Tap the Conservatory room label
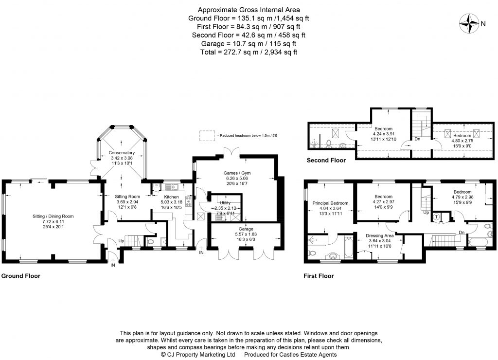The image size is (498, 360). point(122,153)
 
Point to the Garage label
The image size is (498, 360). point(246,229)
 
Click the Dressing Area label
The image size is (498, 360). point(380,235)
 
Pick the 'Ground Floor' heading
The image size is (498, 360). point(20,276)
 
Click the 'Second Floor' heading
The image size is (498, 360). point(326,160)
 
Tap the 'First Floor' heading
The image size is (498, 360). point(319,276)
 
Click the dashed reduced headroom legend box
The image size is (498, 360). point(207,135)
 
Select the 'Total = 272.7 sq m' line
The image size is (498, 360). point(249,52)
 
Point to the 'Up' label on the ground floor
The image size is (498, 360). point(122,241)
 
